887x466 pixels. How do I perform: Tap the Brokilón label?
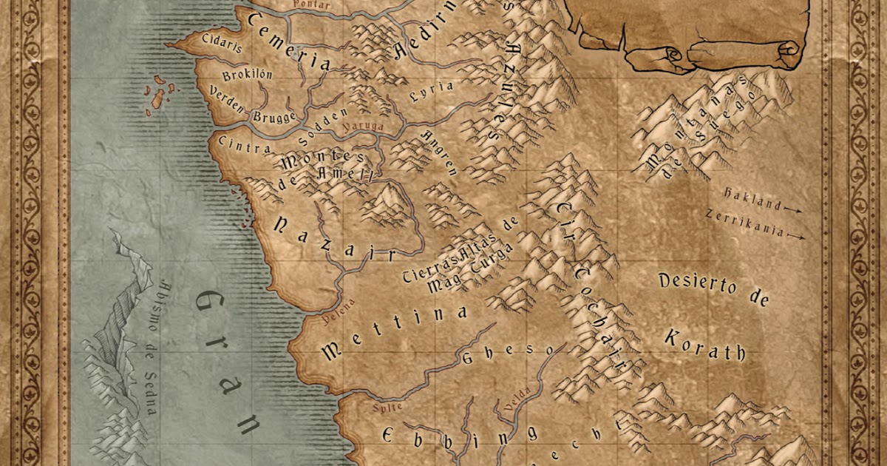tap(247, 75)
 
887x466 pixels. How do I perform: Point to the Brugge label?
tap(274, 117)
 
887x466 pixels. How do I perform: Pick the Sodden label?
tap(323, 126)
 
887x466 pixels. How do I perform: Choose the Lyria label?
tap(432, 91)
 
